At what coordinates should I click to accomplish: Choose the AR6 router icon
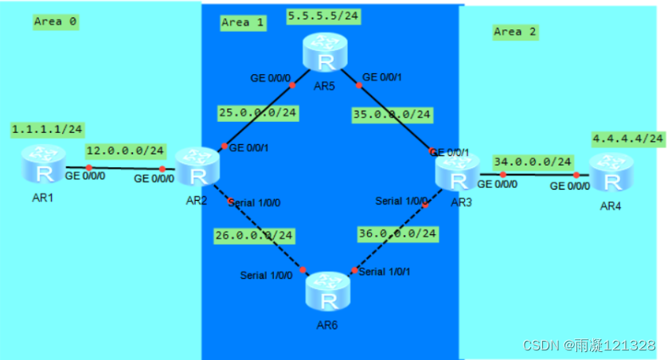[329, 291]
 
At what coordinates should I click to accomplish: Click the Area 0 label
[56, 22]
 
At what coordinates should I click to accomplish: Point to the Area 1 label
[243, 22]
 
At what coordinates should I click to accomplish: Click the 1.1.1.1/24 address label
[47, 128]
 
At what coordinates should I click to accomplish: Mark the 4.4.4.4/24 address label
[628, 139]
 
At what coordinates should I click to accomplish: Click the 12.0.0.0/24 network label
[126, 151]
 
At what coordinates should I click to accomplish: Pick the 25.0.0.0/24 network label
[258, 113]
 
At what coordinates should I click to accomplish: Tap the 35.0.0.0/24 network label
[393, 115]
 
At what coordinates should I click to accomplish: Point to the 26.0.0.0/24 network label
[253, 235]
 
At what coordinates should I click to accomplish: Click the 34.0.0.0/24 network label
[533, 162]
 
